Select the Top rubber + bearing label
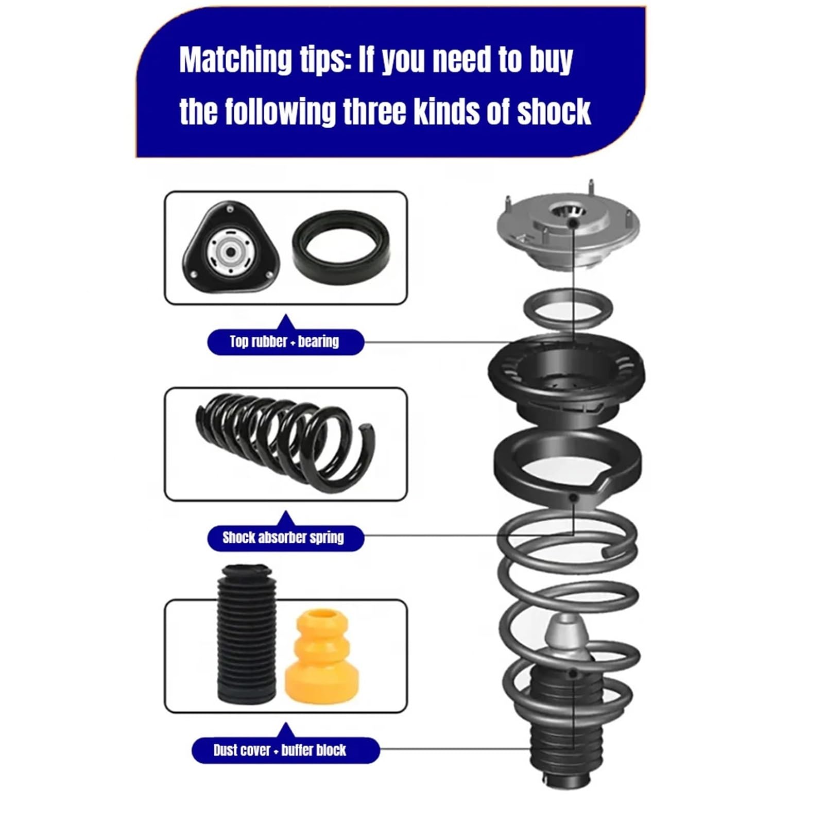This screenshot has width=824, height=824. tap(285, 341)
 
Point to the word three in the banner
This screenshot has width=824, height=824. tap(375, 112)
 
